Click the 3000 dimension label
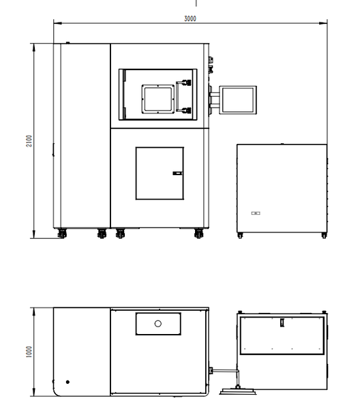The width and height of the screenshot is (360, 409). [190, 19]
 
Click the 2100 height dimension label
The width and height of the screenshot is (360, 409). [29, 141]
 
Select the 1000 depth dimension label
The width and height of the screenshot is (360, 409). [29, 352]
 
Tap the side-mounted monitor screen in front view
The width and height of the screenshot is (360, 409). [238, 100]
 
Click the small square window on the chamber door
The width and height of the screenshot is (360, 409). [158, 99]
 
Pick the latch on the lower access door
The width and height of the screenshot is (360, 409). [178, 173]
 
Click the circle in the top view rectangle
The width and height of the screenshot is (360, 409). [157, 324]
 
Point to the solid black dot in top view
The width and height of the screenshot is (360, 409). [67, 382]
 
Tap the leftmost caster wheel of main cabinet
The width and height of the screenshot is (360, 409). [62, 233]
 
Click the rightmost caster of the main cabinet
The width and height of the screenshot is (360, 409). [199, 233]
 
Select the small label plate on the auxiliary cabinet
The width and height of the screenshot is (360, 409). [256, 213]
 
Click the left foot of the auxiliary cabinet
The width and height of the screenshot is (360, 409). [240, 235]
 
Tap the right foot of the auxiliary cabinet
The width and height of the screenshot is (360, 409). [324, 235]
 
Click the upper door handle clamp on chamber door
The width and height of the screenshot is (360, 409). [186, 82]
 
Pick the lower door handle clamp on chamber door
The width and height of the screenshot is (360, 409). [186, 110]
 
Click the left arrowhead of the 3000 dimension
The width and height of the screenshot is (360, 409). [58, 23]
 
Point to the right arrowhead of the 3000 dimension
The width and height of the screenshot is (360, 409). [323, 23]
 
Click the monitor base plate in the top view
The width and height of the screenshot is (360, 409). [238, 391]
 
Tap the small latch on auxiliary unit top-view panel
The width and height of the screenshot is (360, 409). [282, 322]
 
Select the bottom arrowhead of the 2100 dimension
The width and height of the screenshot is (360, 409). [33, 234]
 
